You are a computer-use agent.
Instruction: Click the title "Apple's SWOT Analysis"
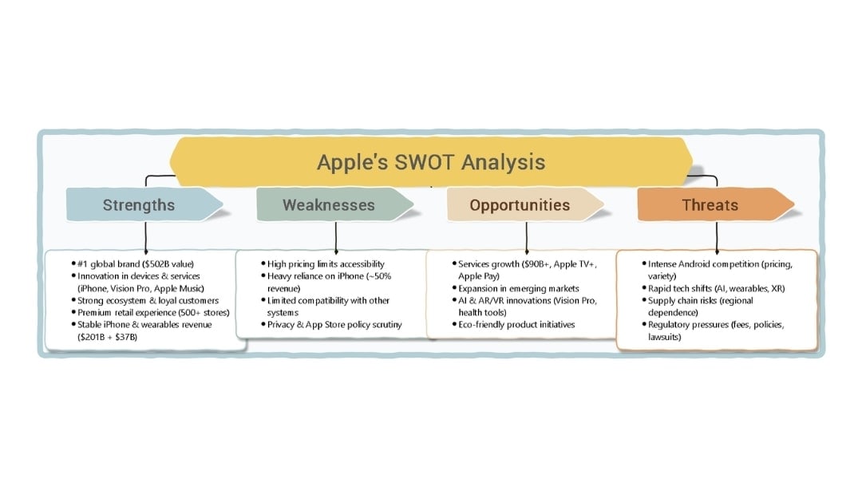pyautogui.click(x=430, y=162)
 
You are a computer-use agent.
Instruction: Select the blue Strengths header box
pyautogui.click(x=139, y=205)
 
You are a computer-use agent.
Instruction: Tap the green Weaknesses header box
pyautogui.click(x=328, y=205)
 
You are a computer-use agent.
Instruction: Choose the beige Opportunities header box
pyautogui.click(x=520, y=205)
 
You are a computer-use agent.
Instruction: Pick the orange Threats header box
pyautogui.click(x=710, y=205)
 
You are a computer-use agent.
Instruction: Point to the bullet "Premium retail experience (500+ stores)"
pyautogui.click(x=152, y=313)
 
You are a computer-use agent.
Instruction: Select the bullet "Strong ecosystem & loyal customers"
pyautogui.click(x=148, y=301)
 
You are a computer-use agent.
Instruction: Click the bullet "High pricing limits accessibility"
pyautogui.click(x=326, y=263)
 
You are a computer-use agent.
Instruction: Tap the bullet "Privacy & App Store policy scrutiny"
pyautogui.click(x=334, y=325)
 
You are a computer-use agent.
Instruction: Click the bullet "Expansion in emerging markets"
pyautogui.click(x=518, y=288)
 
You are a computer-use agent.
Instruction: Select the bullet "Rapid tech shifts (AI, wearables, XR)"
pyautogui.click(x=711, y=288)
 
